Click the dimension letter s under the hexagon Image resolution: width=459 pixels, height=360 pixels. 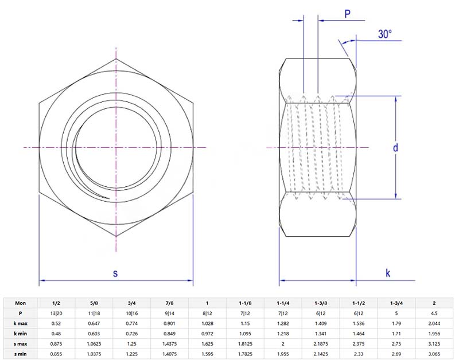115,273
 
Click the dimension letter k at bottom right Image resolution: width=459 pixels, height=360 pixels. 388,273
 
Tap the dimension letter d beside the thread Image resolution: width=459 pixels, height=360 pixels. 395,148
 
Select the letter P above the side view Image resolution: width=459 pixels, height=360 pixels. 348,14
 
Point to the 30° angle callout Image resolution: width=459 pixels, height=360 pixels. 385,34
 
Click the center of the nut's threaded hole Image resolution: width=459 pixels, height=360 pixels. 115,148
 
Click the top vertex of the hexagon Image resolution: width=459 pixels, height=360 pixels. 115,58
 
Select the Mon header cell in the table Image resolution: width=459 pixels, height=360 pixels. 21,303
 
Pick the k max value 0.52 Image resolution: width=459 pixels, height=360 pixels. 56,323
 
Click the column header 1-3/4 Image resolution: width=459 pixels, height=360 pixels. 396,303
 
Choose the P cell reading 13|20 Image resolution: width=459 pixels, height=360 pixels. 56,313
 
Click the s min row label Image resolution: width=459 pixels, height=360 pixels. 21,354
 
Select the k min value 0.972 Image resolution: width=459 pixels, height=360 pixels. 207,334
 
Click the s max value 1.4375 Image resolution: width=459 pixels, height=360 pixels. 169,344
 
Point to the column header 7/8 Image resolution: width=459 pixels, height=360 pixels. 169,303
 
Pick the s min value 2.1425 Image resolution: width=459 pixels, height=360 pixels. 320,354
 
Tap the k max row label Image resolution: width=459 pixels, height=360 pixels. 21,323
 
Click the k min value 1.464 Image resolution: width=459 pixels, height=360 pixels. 358,334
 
